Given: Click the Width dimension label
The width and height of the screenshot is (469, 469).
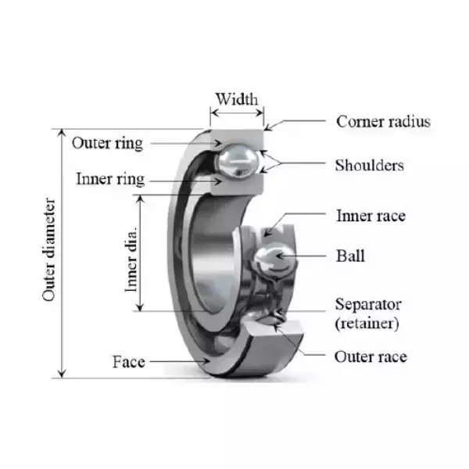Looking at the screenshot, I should pos(236,99).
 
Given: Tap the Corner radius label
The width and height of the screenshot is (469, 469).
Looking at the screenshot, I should pos(383,121).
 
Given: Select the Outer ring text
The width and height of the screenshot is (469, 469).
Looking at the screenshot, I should pos(107,143).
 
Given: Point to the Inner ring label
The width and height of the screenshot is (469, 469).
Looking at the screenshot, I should pos(109,179).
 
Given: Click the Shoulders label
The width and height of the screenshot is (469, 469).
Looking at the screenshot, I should pos(369,165).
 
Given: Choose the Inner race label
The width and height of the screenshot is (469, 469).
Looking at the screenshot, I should pos(371,216).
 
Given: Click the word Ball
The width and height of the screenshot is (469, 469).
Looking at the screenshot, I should pos(349,256).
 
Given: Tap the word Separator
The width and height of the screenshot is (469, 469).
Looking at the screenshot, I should pos(367,304).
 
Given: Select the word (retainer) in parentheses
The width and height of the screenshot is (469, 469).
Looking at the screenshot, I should pos(367,322).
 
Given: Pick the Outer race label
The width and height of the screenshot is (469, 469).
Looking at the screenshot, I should pos(371,357).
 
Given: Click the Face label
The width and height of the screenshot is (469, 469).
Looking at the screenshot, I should pos(128,362).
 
